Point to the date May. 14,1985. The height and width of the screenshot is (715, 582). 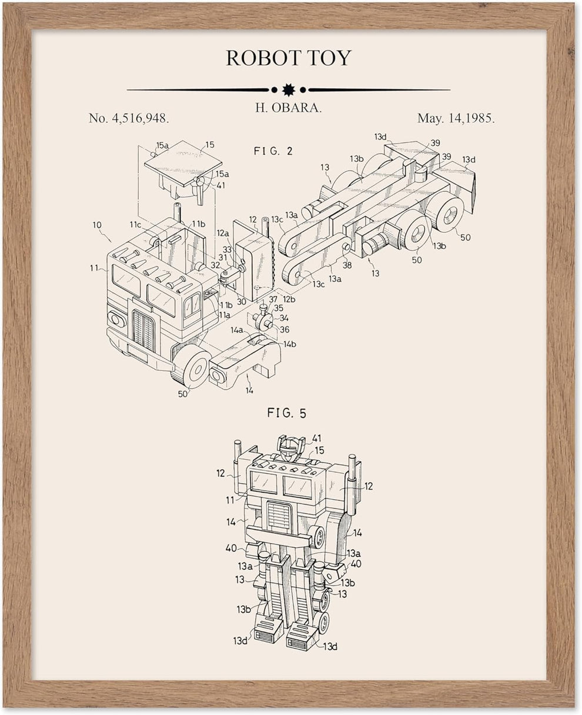click(x=456, y=118)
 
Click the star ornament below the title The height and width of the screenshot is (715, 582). click(x=288, y=90)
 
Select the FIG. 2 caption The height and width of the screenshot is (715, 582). click(x=273, y=151)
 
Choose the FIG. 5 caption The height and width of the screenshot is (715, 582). click(x=287, y=413)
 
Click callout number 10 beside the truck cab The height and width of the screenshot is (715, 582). click(x=97, y=225)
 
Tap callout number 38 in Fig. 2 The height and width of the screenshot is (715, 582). click(x=347, y=265)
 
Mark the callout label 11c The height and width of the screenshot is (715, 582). click(x=136, y=224)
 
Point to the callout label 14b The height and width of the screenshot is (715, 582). click(x=289, y=344)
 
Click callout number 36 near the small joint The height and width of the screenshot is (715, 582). click(x=285, y=330)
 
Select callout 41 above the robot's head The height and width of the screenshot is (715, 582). click(x=317, y=438)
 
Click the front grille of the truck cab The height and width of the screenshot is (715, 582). click(x=143, y=330)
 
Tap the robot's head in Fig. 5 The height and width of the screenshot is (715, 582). click(x=289, y=450)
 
